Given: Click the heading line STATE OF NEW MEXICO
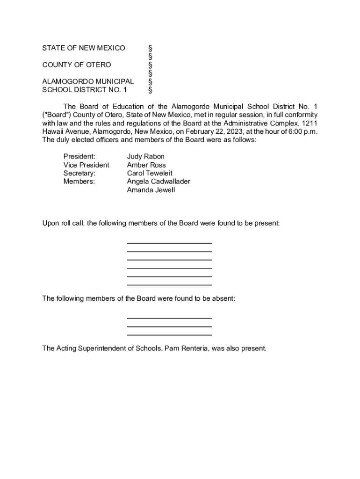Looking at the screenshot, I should (x=84, y=48).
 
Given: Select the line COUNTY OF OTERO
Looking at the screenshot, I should (x=77, y=65).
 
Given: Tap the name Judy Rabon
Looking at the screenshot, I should (x=145, y=156).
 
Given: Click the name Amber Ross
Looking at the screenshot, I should (x=146, y=165).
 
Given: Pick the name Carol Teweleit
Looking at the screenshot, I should (x=150, y=173).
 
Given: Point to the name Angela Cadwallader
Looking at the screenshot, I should (x=158, y=181).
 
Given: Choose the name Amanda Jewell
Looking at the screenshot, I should (x=151, y=190).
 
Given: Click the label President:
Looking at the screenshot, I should (x=79, y=156).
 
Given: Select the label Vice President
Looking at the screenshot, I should (x=86, y=165).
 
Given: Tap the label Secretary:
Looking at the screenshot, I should (x=79, y=173).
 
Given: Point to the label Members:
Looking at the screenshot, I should (x=79, y=181).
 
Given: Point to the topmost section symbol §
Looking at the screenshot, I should (x=151, y=48).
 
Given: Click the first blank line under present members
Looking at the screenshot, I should (x=169, y=243).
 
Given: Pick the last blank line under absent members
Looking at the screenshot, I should (x=169, y=335).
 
